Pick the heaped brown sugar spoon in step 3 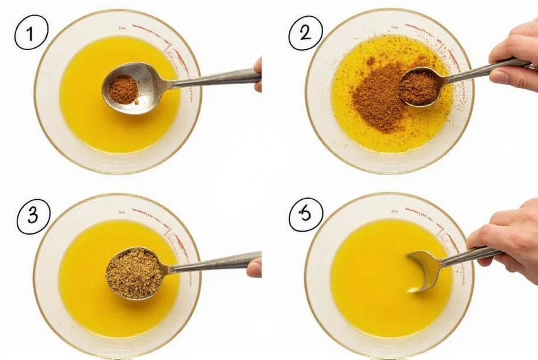[134, 274]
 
